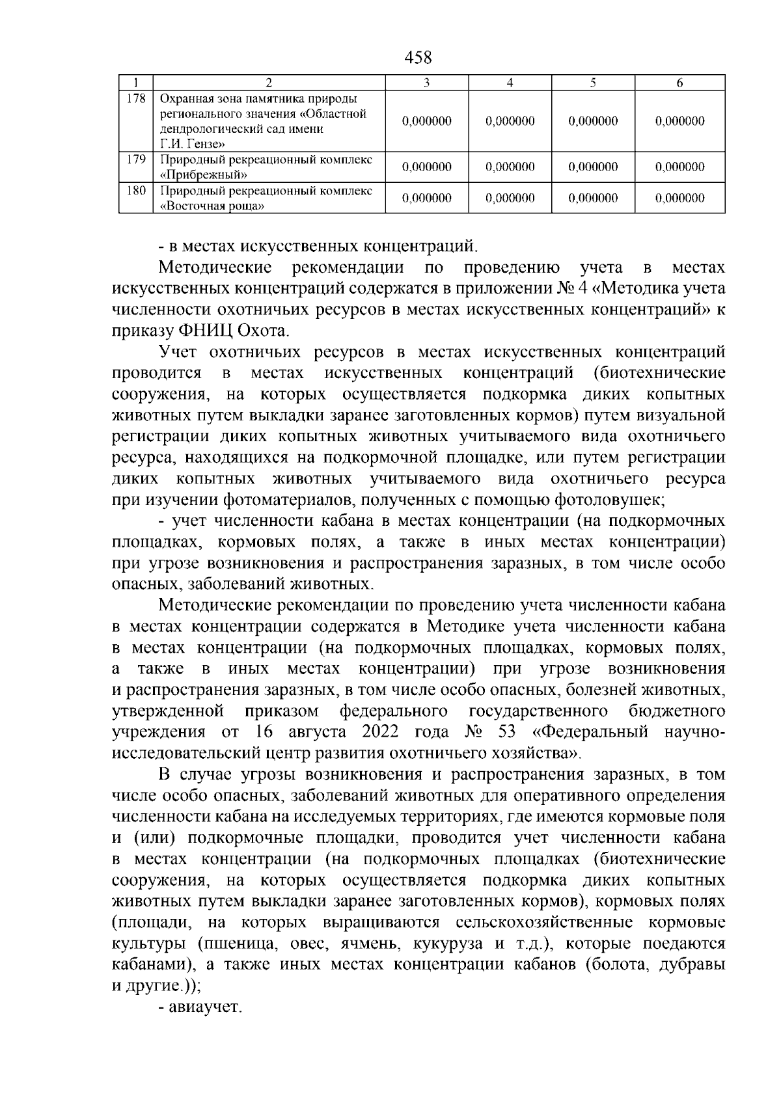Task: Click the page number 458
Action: [x=418, y=57]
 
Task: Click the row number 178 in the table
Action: [x=135, y=99]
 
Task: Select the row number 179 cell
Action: [x=135, y=160]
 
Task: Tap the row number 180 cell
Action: [x=135, y=191]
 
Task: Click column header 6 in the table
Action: [x=679, y=83]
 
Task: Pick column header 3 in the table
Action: [x=427, y=83]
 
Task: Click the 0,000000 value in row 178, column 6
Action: [x=679, y=121]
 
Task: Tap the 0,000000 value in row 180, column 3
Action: [x=427, y=198]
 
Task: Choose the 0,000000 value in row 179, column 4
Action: [x=510, y=167]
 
